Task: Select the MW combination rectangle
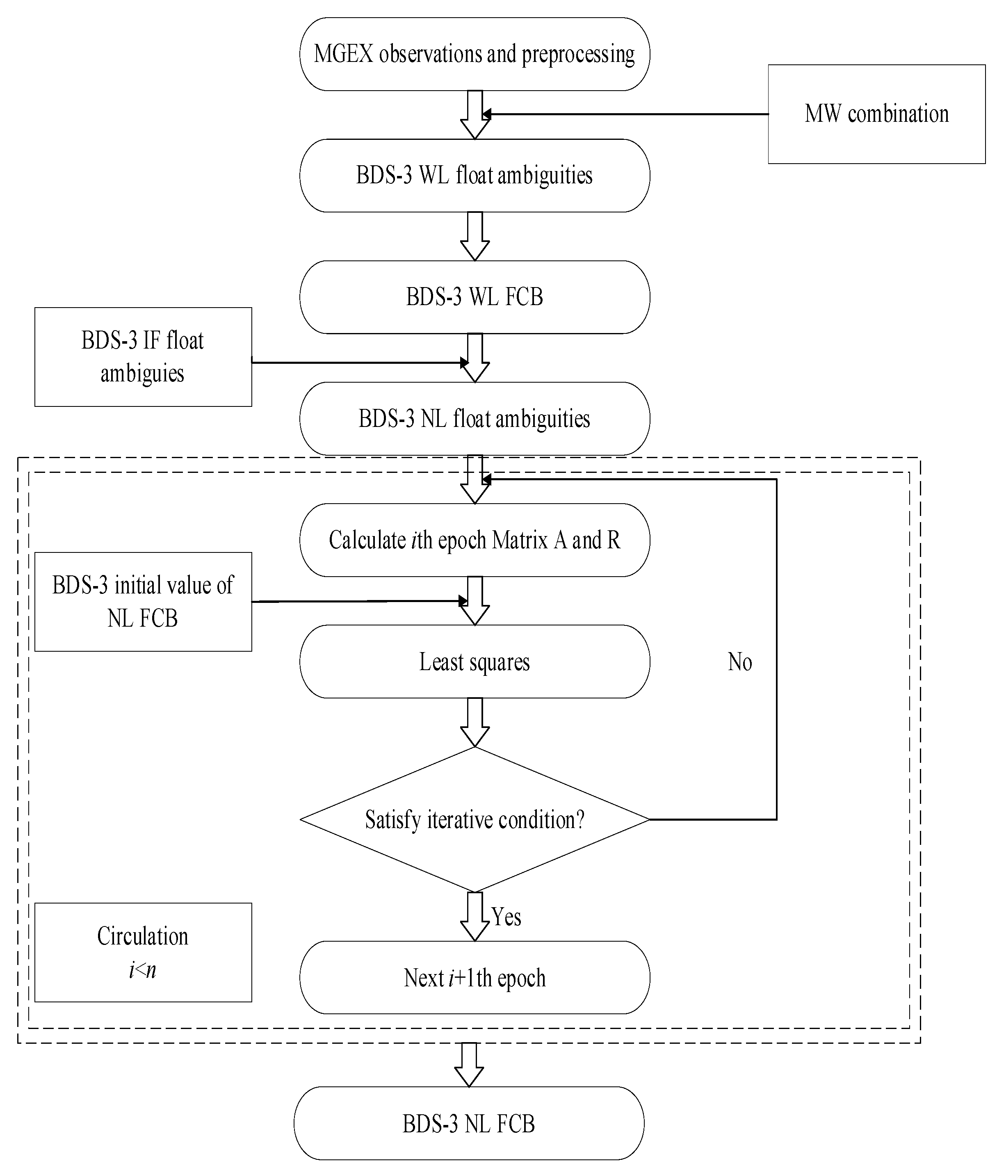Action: pos(876,114)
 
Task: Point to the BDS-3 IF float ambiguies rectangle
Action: pos(143,357)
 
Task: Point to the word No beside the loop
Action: pos(739,662)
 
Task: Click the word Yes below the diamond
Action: pos(506,917)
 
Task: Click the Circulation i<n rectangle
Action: pos(143,953)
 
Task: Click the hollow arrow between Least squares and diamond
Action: pos(475,722)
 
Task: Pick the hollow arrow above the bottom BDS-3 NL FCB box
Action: pos(469,1064)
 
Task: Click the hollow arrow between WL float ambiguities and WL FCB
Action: pos(475,236)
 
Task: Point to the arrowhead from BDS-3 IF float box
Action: pos(465,362)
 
